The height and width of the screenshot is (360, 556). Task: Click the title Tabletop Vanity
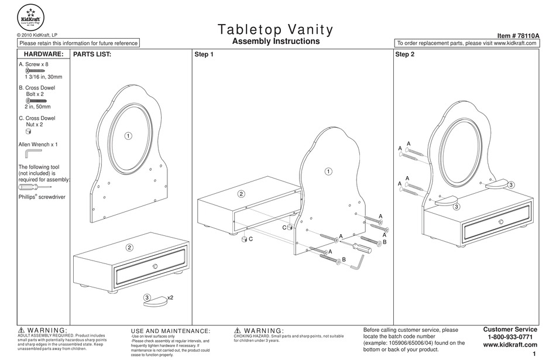pos(276,29)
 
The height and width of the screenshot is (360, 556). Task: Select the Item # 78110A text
pos(518,36)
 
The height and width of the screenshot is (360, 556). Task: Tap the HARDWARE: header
pos(43,54)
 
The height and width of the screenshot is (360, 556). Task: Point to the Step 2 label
pos(404,54)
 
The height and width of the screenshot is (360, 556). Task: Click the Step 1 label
pos(204,54)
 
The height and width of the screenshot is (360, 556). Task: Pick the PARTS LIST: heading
pos(91,54)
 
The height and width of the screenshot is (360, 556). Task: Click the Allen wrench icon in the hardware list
pos(29,153)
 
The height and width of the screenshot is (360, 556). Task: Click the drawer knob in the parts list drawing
pos(155,267)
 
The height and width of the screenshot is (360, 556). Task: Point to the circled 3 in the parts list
pos(147,297)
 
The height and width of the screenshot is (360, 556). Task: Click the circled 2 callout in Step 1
pos(241,194)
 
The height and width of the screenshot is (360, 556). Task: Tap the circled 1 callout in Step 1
pos(328,172)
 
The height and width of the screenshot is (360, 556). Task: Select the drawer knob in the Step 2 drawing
pos(501,221)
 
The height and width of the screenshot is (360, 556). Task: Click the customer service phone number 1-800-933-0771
pos(510,337)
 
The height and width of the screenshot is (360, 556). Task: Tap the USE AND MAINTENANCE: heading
pos(170,331)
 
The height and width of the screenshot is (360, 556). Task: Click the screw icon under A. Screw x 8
pos(35,71)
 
